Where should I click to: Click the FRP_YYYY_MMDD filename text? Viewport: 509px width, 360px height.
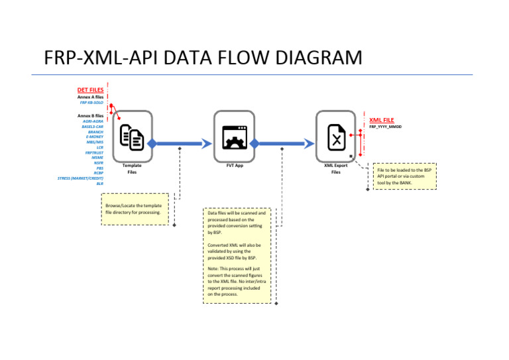coord(385,127)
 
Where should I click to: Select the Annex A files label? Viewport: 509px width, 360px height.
coord(90,97)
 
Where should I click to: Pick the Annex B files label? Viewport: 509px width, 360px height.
coord(90,116)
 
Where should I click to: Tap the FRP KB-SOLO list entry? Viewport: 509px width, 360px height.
coord(91,103)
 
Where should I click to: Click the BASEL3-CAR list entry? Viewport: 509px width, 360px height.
coord(93,127)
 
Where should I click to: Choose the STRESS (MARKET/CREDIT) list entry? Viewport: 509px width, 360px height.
coord(80,178)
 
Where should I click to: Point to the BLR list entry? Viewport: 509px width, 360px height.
coord(99,184)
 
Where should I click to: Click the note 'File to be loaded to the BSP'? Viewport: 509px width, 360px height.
coord(404,176)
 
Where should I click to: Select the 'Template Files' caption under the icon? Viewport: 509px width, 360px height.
coord(132,168)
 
